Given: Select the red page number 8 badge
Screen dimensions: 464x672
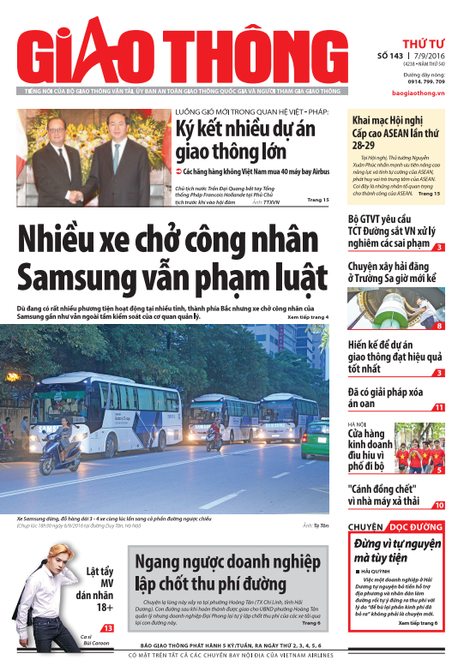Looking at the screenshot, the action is (x=439, y=326).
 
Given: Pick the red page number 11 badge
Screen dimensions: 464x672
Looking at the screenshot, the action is (x=439, y=407).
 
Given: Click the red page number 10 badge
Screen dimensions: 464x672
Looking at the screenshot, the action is (x=439, y=506).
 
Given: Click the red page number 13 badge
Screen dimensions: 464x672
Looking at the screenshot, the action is (x=108, y=629).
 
